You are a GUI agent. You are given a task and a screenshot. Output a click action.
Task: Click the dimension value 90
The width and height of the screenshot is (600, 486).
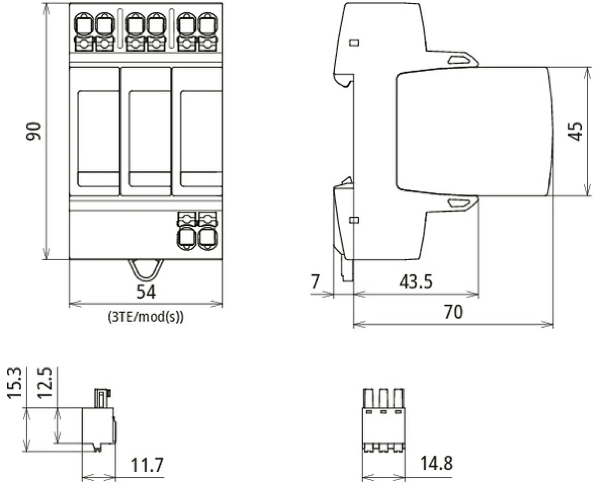click(34, 131)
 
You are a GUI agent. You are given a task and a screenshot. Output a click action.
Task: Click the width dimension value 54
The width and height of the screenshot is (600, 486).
click(146, 291)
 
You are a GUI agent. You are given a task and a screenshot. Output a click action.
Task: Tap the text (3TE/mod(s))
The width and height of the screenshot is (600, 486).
click(146, 317)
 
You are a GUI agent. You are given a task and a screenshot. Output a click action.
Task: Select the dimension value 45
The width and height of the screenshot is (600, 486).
click(575, 131)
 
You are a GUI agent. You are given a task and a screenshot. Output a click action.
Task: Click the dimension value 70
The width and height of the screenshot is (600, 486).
click(453, 312)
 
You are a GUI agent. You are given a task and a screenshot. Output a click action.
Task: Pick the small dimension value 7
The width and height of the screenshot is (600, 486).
click(315, 282)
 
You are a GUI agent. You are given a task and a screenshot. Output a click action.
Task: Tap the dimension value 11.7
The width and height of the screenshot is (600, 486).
click(147, 465)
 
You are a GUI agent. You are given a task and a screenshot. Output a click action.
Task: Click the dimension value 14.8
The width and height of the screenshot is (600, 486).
click(436, 463)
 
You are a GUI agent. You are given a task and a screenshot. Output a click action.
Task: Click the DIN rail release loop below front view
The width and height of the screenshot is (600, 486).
click(146, 269)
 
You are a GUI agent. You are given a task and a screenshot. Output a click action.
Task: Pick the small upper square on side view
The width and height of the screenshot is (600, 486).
click(354, 43)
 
